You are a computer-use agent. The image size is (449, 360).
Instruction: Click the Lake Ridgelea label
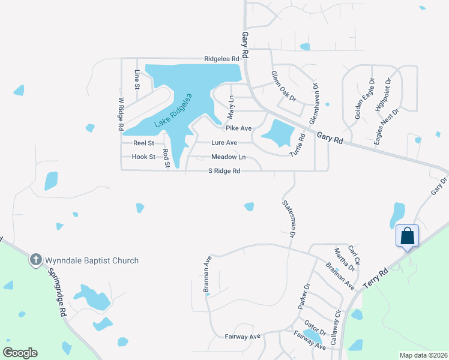[x=173, y=110]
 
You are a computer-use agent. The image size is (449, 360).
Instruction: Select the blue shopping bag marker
[x=408, y=236]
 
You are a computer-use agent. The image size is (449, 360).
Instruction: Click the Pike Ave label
[x=238, y=128]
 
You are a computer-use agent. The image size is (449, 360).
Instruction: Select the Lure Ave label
[x=224, y=143]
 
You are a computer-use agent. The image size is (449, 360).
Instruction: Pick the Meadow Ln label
[x=228, y=157]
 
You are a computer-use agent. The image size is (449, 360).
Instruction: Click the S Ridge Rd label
[x=224, y=171]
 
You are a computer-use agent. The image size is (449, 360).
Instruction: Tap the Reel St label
[x=144, y=143]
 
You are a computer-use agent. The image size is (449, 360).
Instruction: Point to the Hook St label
[x=144, y=157]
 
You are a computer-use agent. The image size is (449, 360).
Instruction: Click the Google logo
[x=20, y=353]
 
